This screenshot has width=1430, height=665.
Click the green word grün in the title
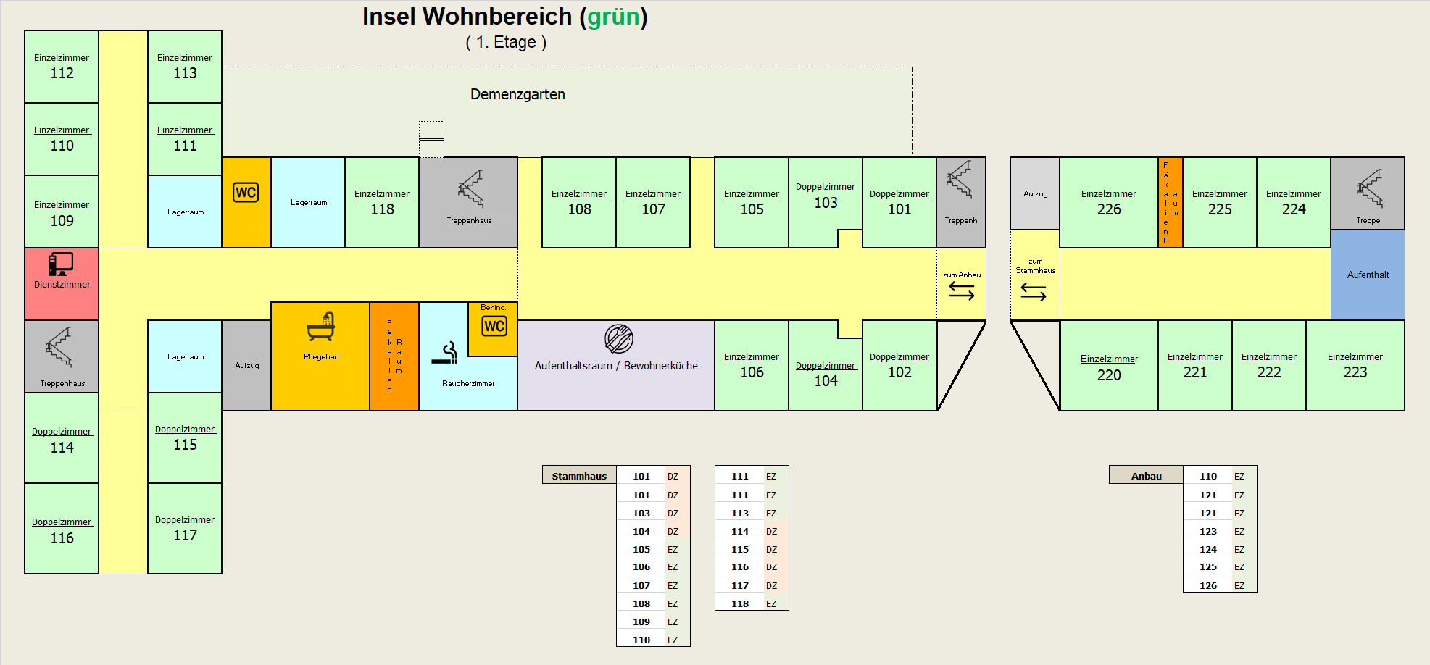[613, 17]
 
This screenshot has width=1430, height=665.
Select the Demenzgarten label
[517, 94]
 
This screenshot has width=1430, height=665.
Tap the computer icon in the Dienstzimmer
[61, 264]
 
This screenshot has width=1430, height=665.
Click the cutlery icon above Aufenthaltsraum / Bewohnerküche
[619, 338]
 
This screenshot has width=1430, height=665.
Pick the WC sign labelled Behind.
[494, 326]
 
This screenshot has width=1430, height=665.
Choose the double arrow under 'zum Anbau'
[962, 290]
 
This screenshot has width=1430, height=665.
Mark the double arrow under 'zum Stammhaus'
[1034, 292]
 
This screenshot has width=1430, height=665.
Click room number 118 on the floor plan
[382, 209]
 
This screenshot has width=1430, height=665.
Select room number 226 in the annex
[1109, 209]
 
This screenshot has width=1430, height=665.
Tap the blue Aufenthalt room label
[1368, 275]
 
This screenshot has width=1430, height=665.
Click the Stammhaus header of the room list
[579, 476]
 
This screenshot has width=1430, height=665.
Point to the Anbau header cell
[1146, 476]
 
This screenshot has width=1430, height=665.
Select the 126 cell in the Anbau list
[1207, 585]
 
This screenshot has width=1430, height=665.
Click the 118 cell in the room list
[740, 603]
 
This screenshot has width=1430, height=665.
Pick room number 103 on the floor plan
[826, 203]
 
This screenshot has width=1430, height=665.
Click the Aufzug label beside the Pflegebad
[246, 366]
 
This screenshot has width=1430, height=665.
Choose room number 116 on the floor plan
[62, 538]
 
